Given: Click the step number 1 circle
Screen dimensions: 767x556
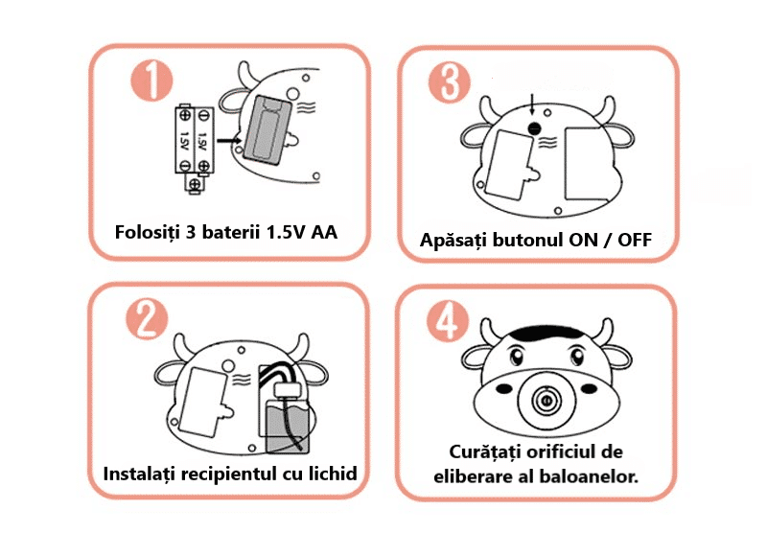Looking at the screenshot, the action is pos(152,81).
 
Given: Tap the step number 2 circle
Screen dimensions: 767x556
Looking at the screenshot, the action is pos(148,318).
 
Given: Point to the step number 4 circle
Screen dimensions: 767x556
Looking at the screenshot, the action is pos(448,321).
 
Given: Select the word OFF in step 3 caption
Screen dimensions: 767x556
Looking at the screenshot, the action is pos(635,240).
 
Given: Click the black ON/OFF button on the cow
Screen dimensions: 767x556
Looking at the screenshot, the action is pos(535,128).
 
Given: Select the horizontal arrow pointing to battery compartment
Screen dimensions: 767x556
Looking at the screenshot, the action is pos(229,141).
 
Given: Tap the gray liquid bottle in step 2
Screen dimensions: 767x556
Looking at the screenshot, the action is pos(287,425).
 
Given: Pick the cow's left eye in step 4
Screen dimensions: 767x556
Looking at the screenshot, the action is pos(516,356).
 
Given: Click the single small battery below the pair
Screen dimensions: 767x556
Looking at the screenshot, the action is pos(195,183).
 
